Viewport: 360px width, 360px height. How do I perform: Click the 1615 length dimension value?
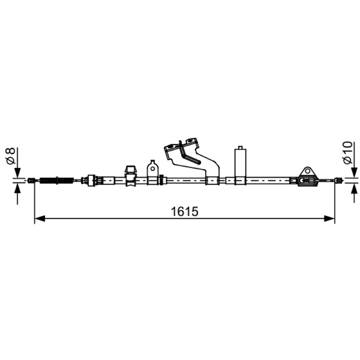184,211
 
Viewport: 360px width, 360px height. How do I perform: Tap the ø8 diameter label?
10,156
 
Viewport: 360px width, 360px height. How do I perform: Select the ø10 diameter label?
347,153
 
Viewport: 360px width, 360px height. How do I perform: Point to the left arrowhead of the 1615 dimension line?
40,218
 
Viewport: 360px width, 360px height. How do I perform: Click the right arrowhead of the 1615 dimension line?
329,218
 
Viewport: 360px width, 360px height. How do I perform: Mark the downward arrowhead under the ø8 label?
18,173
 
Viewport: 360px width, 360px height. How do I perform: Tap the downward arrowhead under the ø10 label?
354,173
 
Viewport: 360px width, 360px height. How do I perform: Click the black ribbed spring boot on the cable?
57,180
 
